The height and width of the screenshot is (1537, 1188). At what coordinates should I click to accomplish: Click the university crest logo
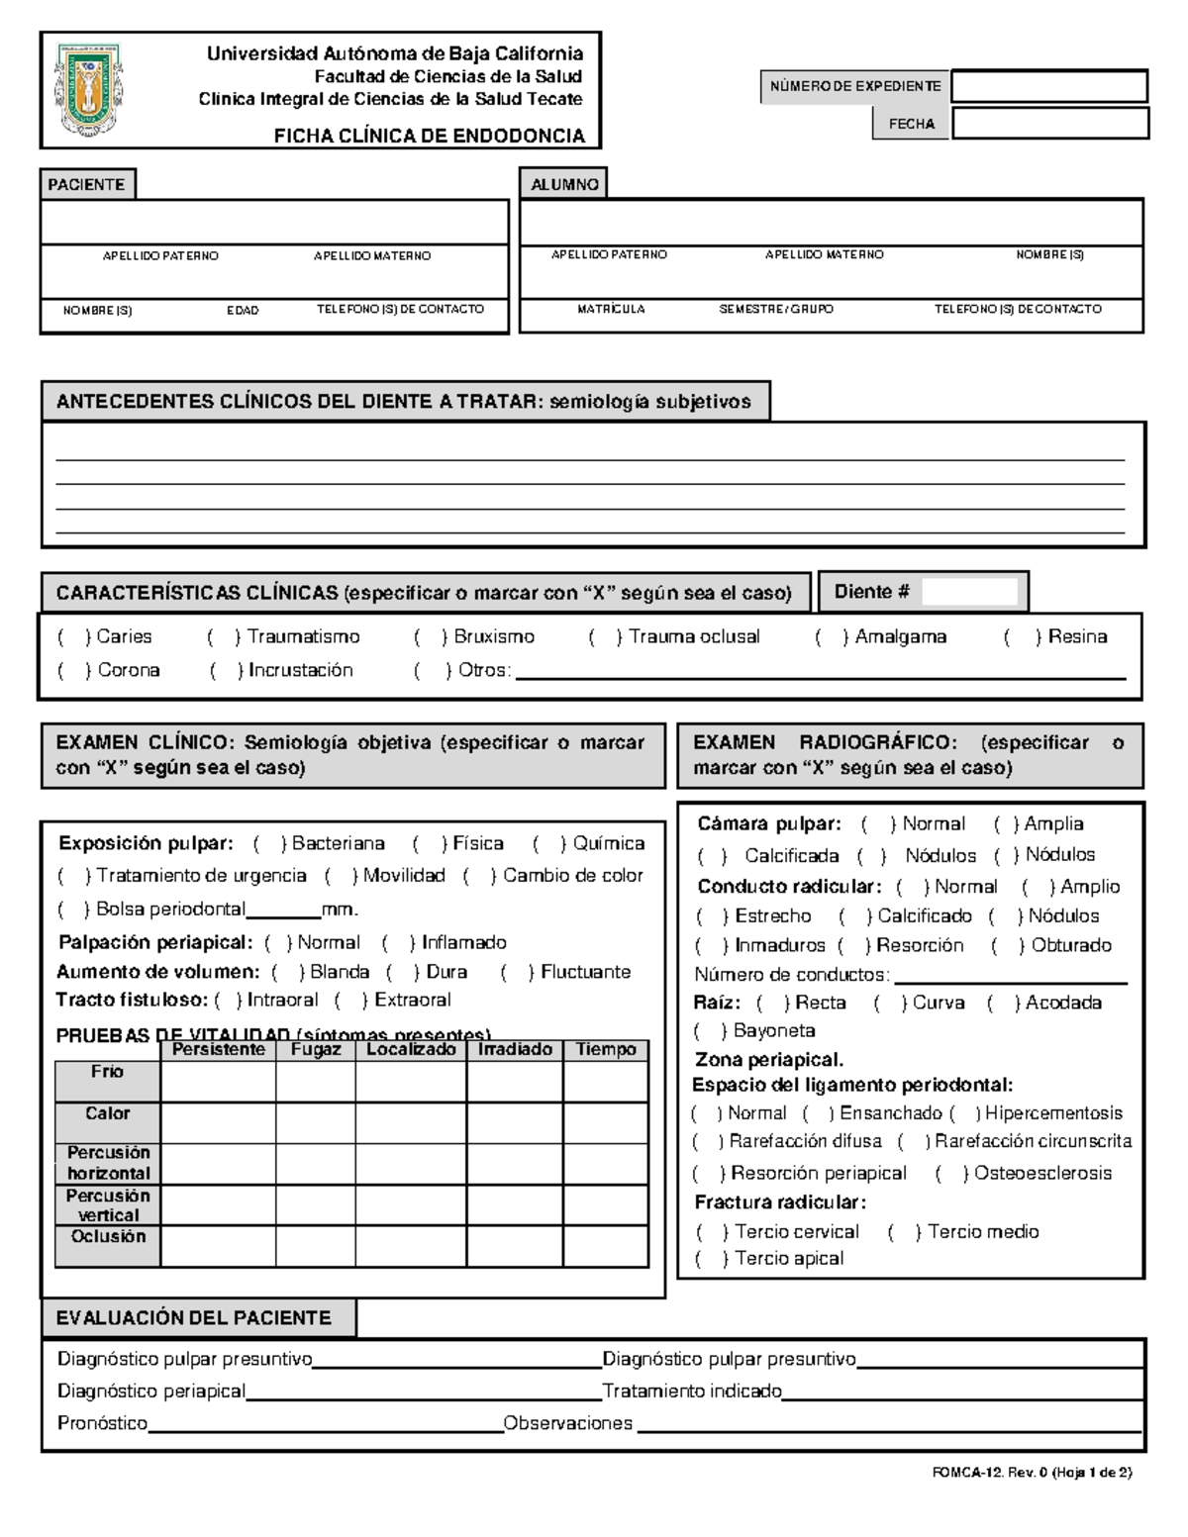click(90, 89)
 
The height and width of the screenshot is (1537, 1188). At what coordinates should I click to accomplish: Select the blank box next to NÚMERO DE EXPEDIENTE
click(1048, 86)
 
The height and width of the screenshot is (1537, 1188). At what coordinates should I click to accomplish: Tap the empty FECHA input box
click(1049, 124)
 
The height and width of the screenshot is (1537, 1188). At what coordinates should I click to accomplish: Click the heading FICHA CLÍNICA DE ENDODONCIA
click(429, 136)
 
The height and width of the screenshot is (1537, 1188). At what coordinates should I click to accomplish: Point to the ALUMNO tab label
click(563, 184)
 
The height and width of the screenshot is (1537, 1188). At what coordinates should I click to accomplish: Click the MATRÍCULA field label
click(611, 309)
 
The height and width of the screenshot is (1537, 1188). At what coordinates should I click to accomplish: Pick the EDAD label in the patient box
click(243, 310)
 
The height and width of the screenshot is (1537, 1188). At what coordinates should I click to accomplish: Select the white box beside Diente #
click(969, 592)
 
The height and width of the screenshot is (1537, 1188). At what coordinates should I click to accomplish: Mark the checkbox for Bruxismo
click(431, 636)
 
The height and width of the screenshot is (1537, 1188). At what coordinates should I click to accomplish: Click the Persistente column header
click(218, 1049)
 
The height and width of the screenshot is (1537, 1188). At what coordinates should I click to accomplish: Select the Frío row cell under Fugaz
click(316, 1081)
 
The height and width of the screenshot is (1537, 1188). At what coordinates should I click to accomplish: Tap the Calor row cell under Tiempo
click(605, 1122)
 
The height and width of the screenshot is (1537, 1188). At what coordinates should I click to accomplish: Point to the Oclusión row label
click(108, 1236)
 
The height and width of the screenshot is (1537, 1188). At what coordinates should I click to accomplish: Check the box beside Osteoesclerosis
click(951, 1173)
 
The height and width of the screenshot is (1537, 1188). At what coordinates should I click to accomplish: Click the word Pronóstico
click(102, 1423)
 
